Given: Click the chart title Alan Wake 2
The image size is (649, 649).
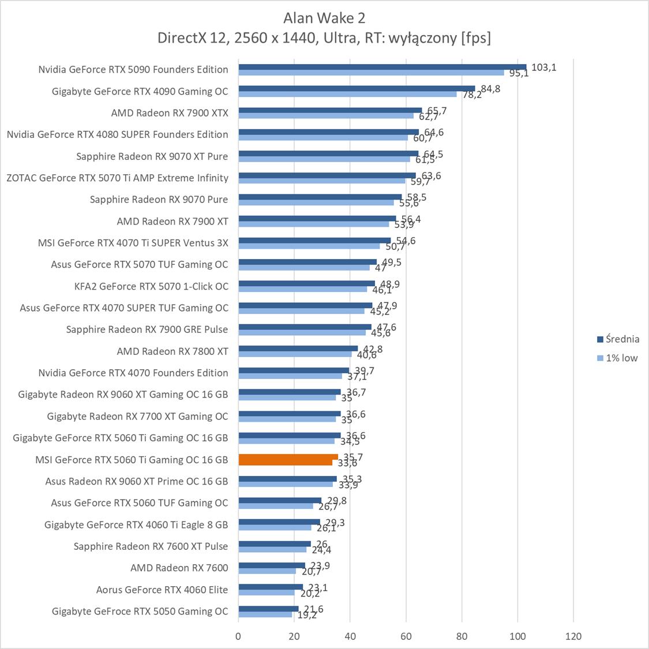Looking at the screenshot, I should [324, 18].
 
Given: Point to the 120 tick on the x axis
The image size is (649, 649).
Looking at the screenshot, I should [573, 636].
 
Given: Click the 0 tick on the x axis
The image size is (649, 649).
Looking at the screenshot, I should [238, 636].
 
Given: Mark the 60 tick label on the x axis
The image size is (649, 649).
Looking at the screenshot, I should [406, 636].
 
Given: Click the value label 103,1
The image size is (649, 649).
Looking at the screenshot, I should [543, 67].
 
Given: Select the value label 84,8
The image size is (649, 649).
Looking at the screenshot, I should [490, 89].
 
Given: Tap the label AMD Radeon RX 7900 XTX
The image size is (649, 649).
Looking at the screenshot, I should [170, 112].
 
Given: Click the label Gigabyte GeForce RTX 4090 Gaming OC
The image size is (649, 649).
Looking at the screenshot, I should [140, 91].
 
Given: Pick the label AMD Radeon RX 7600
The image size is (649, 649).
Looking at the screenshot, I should [179, 568].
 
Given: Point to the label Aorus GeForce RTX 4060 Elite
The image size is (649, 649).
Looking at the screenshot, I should [162, 590].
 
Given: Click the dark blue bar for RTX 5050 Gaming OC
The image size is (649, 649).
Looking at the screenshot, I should [268, 609].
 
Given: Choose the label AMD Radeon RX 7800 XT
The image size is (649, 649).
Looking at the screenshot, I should [172, 351].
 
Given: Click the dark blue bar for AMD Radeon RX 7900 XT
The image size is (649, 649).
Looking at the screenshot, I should [317, 219].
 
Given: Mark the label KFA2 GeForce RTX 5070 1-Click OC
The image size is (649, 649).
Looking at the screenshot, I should [151, 286].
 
